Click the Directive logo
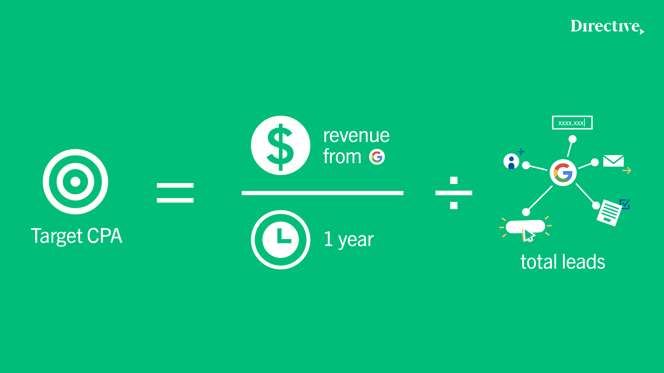pyautogui.click(x=607, y=26)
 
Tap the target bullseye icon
pyautogui.click(x=75, y=181)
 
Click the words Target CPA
pyautogui.click(x=76, y=236)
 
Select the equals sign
pyautogui.click(x=175, y=193)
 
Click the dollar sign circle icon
pyautogui.click(x=281, y=145)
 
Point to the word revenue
pyautogui.click(x=356, y=136)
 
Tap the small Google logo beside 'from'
pyautogui.click(x=377, y=157)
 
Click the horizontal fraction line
pyautogui.click(x=322, y=193)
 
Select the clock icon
pyautogui.click(x=281, y=239)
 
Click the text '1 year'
pyautogui.click(x=349, y=239)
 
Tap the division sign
pyautogui.click(x=454, y=193)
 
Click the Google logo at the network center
pyautogui.click(x=563, y=173)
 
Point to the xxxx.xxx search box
pyautogui.click(x=572, y=123)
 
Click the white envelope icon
pyautogui.click(x=614, y=161)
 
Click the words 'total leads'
pyautogui.click(x=563, y=262)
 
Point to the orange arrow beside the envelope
pyautogui.click(x=626, y=171)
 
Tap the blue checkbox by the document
pyautogui.click(x=625, y=204)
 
